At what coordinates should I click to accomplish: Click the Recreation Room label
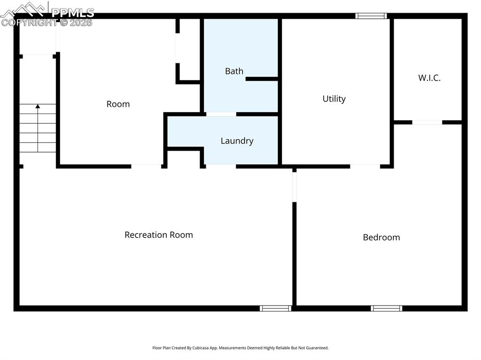pyautogui.click(x=158, y=235)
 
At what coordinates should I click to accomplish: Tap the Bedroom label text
pyautogui.click(x=381, y=237)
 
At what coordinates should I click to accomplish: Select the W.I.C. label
pyautogui.click(x=429, y=78)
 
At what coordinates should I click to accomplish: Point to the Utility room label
pyautogui.click(x=334, y=99)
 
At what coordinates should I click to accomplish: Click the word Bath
pyautogui.click(x=234, y=71)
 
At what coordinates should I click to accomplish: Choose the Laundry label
pyautogui.click(x=237, y=141)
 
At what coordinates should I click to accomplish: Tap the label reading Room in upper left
pyautogui.click(x=118, y=104)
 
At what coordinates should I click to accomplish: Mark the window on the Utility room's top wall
pyautogui.click(x=371, y=16)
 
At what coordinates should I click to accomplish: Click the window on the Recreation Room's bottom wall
pyautogui.click(x=276, y=308)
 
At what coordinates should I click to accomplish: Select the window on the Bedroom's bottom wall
pyautogui.click(x=386, y=308)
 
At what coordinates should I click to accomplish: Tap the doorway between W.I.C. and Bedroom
pyautogui.click(x=427, y=123)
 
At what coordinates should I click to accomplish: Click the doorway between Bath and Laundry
pyautogui.click(x=221, y=114)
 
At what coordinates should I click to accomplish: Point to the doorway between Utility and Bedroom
pyautogui.click(x=365, y=166)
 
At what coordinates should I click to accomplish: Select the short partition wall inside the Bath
pyautogui.click(x=262, y=79)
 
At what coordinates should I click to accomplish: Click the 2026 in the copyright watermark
pyautogui.click(x=81, y=22)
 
